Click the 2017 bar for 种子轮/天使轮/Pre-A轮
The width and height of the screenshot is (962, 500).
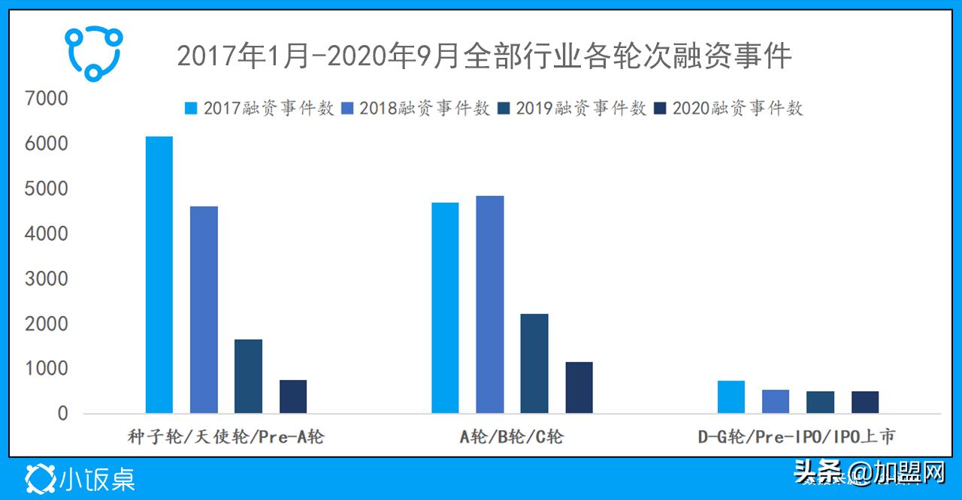(x=159, y=275)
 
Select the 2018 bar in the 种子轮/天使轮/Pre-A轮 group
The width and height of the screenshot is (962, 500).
(x=204, y=309)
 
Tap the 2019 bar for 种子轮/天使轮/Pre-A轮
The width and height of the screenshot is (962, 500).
(x=248, y=376)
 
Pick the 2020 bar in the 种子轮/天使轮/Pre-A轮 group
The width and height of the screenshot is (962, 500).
(x=293, y=396)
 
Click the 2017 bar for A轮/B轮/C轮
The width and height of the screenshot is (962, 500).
(x=445, y=308)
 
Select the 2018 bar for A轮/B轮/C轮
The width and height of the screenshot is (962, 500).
(x=490, y=304)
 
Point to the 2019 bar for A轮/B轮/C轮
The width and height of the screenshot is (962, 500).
(x=534, y=363)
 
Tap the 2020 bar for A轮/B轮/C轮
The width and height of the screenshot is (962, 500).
(x=579, y=387)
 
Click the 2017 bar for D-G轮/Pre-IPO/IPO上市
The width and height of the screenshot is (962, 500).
(x=731, y=397)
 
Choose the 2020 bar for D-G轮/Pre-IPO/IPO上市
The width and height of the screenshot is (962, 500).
(x=865, y=402)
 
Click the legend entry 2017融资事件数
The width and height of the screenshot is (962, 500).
(x=259, y=108)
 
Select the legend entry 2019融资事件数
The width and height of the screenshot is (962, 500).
(x=571, y=108)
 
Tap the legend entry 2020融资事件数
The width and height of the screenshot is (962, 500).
(x=728, y=108)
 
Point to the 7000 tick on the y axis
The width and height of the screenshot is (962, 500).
(x=47, y=98)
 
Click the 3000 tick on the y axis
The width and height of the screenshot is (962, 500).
(x=47, y=279)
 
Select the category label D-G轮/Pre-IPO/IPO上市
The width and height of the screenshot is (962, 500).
(x=797, y=436)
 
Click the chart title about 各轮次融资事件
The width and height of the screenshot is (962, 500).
(x=484, y=56)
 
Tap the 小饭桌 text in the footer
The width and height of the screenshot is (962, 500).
(x=97, y=478)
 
